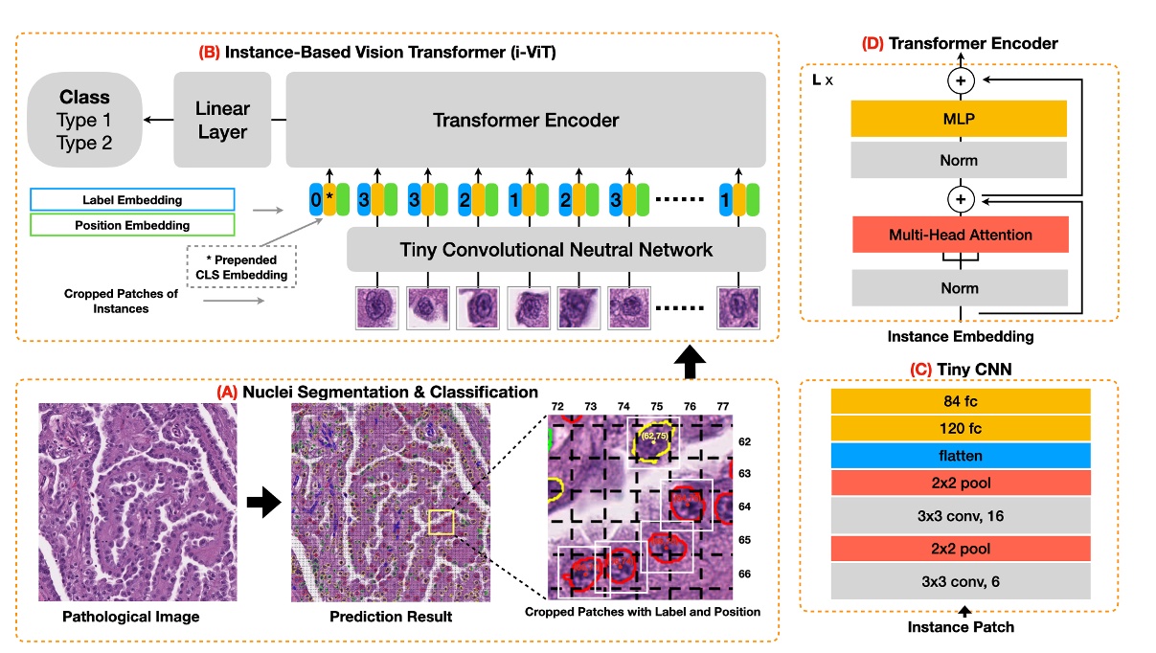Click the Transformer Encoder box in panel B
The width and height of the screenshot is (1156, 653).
pos(526,120)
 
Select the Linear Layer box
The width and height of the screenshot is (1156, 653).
pos(223,120)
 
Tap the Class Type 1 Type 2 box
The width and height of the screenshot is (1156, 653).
pos(84,120)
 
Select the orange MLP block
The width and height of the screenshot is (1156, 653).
pos(959,120)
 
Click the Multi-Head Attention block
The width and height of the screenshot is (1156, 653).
pos(959,235)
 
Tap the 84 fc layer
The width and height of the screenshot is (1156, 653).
pos(961,401)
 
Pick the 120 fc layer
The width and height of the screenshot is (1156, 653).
pos(961,428)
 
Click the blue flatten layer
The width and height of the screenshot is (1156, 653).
pos(961,455)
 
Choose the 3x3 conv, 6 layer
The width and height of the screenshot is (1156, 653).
pos(961,581)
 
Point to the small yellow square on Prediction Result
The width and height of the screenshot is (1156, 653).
pos(441,522)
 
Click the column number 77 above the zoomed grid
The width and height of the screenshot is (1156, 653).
pos(721,406)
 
